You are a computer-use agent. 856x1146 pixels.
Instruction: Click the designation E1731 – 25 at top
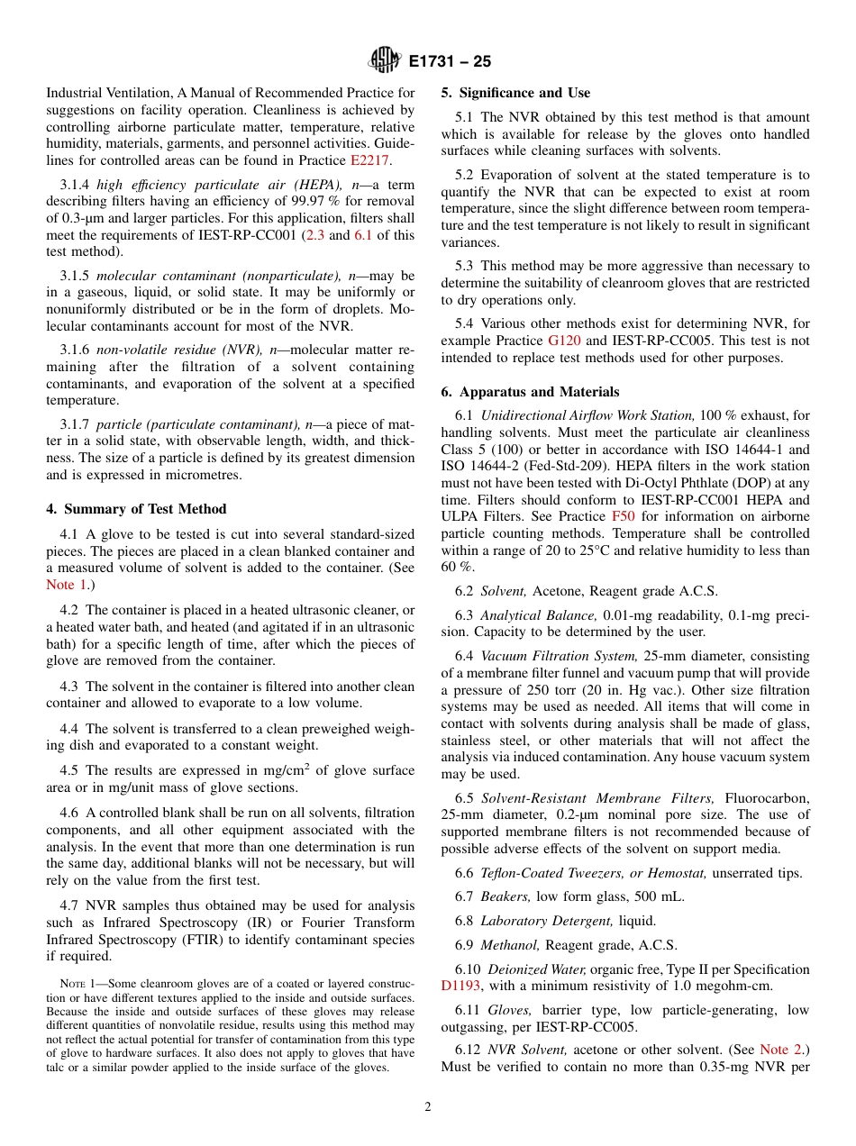click(450, 61)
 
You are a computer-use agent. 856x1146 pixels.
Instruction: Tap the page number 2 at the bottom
click(428, 1107)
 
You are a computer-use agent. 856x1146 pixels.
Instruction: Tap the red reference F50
click(623, 516)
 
